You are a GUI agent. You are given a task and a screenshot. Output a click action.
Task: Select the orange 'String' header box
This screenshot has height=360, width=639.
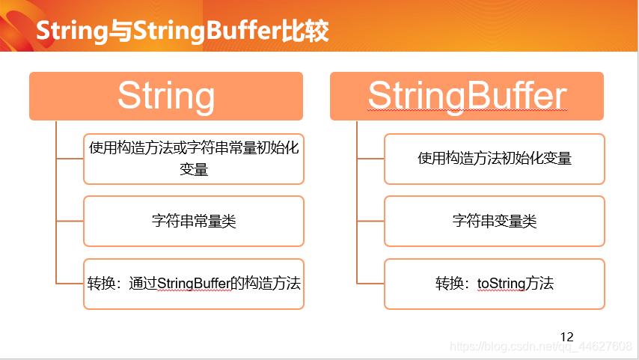click(166, 96)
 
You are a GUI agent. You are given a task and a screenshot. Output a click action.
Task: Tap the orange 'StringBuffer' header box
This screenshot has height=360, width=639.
click(467, 96)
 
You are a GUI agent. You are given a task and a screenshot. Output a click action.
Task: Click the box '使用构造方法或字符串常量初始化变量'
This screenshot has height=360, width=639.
click(194, 159)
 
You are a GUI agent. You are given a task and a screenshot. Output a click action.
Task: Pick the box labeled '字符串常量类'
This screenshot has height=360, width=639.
click(194, 221)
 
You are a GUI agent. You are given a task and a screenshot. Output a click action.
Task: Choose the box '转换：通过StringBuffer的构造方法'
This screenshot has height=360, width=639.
click(194, 284)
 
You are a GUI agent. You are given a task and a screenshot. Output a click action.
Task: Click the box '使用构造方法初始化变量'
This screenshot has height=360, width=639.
click(495, 159)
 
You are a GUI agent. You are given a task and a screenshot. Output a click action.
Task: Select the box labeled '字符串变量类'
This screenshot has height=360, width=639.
click(495, 221)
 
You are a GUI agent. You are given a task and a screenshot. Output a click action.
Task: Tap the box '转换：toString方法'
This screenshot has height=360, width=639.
click(495, 284)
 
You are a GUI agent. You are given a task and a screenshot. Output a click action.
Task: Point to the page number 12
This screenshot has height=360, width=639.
click(566, 337)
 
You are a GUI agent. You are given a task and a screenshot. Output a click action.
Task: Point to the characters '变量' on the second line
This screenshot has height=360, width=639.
click(194, 169)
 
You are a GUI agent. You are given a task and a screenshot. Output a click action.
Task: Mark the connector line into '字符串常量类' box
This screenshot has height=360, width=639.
click(70, 222)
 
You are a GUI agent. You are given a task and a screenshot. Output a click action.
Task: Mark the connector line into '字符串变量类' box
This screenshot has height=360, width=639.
click(370, 222)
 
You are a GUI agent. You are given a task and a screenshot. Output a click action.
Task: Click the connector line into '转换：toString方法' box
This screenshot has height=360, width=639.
click(370, 284)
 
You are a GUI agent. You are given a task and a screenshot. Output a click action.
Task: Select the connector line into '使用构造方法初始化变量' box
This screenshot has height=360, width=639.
click(370, 159)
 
